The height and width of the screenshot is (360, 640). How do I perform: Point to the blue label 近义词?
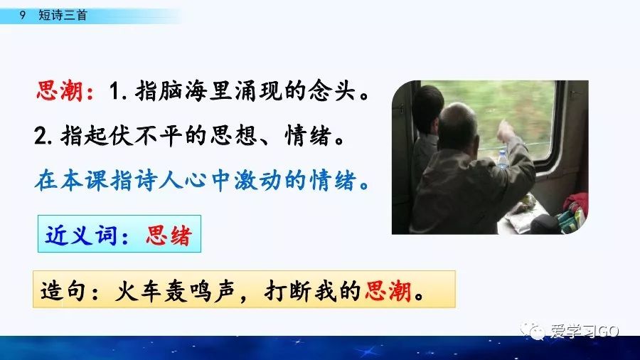point(80,235)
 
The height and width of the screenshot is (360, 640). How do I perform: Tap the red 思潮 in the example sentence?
point(388,292)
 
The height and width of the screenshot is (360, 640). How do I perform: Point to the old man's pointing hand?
point(506,131)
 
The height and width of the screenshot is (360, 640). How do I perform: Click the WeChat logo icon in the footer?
point(535,332)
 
